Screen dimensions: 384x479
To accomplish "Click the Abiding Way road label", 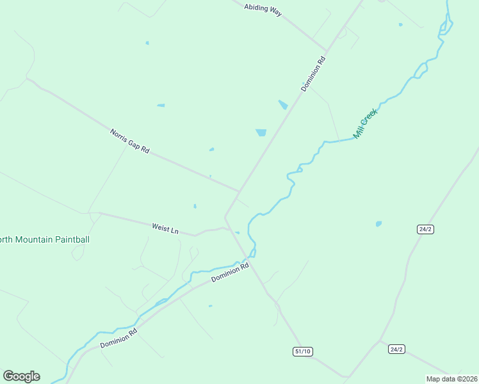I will pos(263,10).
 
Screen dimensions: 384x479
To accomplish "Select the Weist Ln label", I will pos(165,228).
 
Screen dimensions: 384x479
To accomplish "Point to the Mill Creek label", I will pos(366,124).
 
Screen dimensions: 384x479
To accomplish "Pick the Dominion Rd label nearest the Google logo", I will pos(119,339).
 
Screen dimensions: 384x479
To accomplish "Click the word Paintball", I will pos(71,240).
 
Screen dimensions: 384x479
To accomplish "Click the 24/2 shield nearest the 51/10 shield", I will pos(396,349).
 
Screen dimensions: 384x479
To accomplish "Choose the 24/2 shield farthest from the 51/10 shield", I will pos(425,228).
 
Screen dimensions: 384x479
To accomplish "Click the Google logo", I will pos(21,376).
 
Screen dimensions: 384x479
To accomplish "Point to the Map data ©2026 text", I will pos(452,379).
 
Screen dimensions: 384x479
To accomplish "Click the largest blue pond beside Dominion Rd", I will pos(261,132).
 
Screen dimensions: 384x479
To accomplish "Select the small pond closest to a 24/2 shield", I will pos(378,224).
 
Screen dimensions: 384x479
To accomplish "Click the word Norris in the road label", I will pos(118,135).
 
